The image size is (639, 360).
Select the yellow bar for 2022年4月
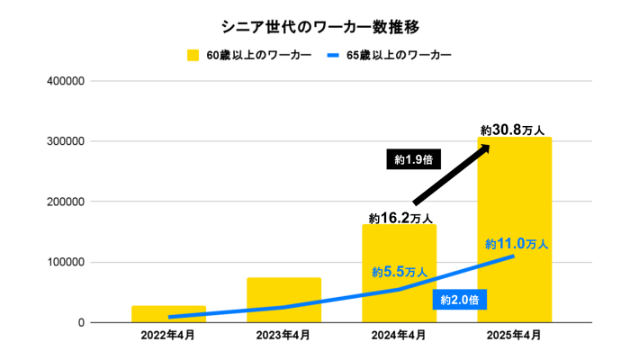tap(168, 313)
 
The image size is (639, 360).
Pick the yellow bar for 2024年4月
tap(399, 270)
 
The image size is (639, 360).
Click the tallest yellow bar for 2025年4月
tap(514, 225)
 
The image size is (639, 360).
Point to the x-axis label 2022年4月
tap(168, 336)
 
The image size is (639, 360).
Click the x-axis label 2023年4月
tap(283, 336)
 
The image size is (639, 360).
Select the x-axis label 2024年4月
tap(399, 336)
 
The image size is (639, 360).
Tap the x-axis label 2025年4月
tap(514, 336)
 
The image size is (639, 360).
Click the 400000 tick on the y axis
tap(65, 81)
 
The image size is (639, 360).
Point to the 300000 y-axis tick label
tap(65, 141)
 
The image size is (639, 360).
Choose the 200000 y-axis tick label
tap(65, 202)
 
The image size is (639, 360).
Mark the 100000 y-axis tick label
tap(65, 262)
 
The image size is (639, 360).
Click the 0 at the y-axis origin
tap(80, 322)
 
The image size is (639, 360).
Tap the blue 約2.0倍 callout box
tap(461, 299)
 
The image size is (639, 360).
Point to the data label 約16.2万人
tap(400, 217)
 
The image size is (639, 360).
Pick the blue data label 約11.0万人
tap(517, 243)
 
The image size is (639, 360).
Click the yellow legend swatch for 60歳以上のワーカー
tap(193, 56)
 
